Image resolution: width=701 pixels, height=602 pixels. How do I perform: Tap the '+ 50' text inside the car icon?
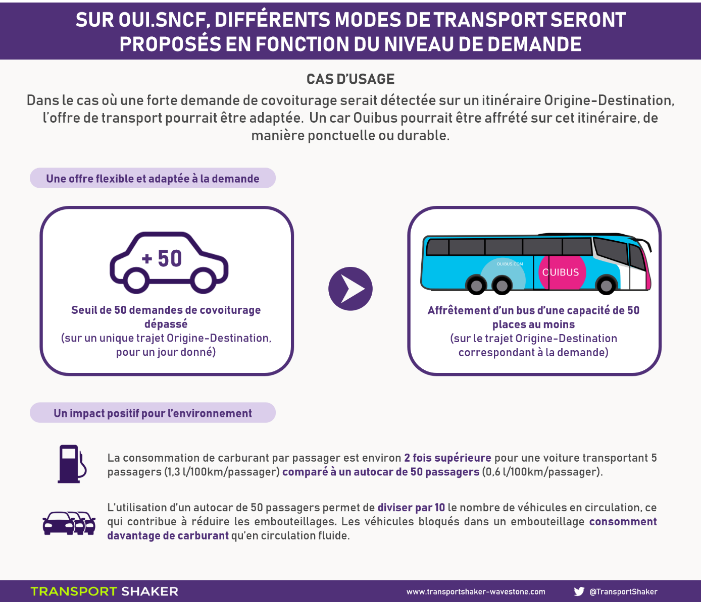pos(162,259)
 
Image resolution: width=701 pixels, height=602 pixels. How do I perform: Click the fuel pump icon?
pos(72,464)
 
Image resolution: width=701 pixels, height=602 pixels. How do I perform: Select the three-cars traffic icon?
pos(69,523)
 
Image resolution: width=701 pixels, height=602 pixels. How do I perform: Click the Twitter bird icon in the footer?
pos(579,591)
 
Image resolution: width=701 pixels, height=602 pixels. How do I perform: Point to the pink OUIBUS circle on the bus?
pos(562,272)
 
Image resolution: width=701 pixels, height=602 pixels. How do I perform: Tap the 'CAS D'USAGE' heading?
pos(350,79)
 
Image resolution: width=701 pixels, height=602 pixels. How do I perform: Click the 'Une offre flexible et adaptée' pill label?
pos(153,178)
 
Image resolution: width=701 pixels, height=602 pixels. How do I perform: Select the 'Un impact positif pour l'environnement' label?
pos(153,413)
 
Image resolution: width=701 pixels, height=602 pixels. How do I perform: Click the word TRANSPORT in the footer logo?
pos(74,591)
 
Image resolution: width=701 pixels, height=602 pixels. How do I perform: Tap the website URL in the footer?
pos(476,591)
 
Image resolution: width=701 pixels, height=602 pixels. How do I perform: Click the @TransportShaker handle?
pos(623,591)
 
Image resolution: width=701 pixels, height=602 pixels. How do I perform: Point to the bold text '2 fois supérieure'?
pos(447,458)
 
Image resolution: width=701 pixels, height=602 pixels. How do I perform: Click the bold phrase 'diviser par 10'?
pos(411,507)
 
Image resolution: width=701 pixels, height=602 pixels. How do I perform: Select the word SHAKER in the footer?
pos(149,591)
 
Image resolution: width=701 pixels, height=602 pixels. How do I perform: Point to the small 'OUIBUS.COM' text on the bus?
pos(510,263)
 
